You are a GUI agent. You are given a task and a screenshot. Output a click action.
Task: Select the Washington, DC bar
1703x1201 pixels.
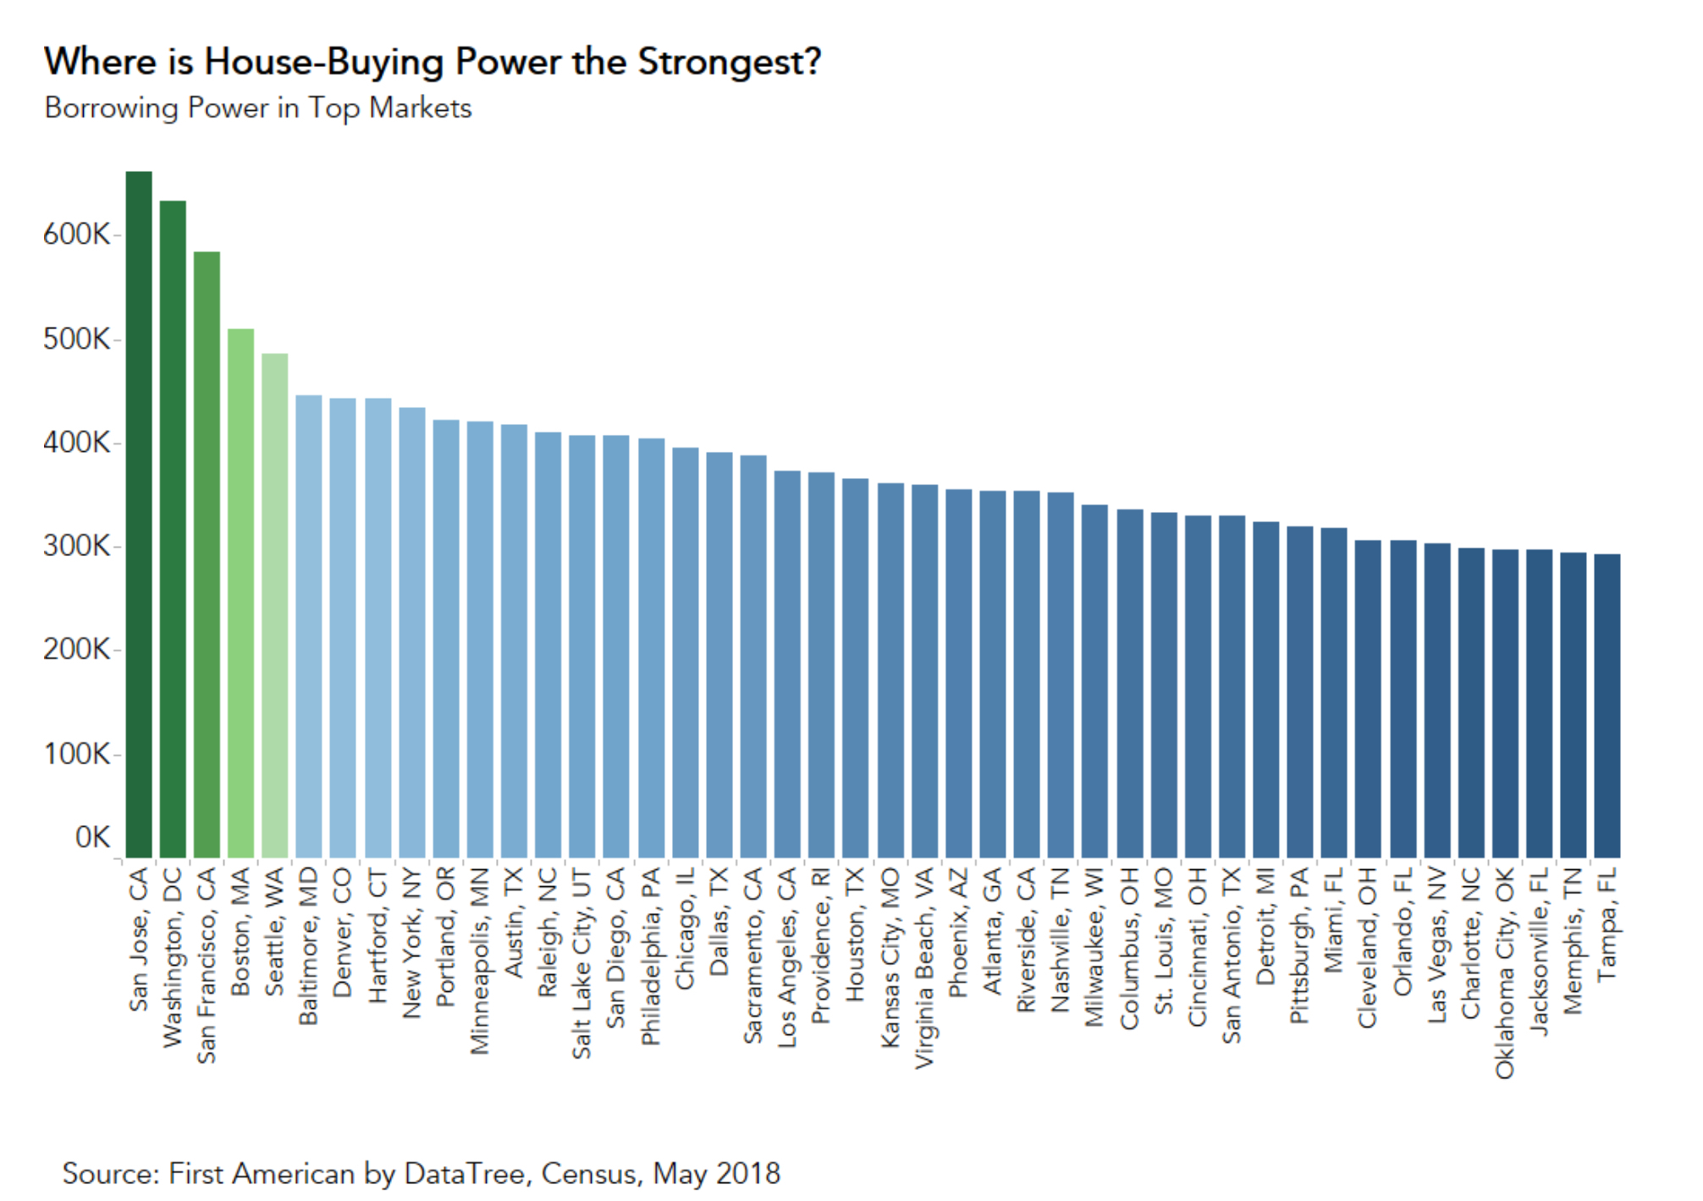173,529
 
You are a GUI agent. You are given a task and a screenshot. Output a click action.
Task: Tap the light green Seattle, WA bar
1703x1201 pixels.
275,605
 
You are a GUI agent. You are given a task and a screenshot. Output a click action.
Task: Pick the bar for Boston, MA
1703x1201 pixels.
241,592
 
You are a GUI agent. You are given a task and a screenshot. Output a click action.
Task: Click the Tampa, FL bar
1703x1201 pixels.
1607,706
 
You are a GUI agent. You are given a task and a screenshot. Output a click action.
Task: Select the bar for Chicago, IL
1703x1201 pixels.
686,653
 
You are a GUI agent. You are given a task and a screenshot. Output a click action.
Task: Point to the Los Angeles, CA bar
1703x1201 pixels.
787,664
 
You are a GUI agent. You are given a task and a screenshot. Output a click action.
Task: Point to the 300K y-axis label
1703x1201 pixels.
76,546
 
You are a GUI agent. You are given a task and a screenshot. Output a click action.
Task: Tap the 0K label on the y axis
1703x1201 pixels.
92,838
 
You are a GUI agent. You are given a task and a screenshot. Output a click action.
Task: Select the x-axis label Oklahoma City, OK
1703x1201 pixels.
1504,972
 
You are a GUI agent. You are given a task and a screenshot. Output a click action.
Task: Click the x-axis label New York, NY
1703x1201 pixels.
412,942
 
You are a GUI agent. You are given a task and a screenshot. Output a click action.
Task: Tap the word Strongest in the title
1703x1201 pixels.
729,62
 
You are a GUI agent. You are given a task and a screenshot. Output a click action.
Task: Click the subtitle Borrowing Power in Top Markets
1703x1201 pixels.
258,108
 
